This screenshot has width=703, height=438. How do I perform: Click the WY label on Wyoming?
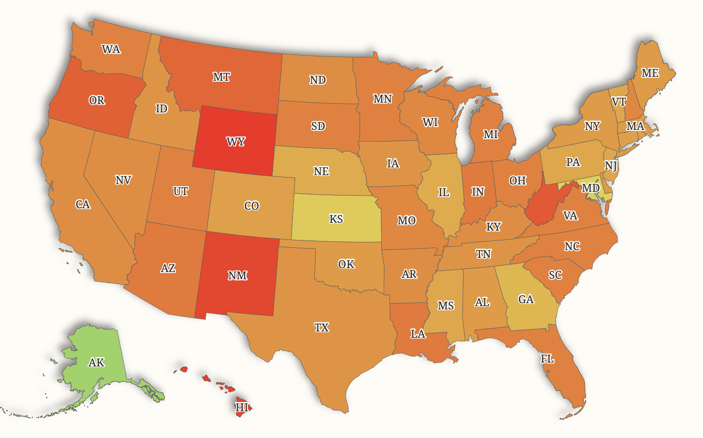pos(236,142)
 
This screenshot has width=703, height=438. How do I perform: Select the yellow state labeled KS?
pos(336,219)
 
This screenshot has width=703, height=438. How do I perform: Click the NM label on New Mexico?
pos(237,275)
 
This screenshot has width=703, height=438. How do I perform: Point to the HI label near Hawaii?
pos(242,407)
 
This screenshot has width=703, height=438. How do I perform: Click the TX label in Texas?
pos(321,327)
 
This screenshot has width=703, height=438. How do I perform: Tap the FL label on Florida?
pos(547,359)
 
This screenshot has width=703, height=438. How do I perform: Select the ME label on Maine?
pos(650,73)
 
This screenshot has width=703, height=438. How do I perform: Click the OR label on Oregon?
pos(97,100)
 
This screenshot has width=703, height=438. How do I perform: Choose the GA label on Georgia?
pos(526,299)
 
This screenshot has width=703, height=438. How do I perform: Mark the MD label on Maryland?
pos(591,188)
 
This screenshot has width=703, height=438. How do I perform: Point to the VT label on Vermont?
pos(619,102)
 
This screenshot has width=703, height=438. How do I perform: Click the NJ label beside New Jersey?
pos(611,165)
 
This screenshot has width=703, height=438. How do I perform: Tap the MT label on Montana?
pos(221,77)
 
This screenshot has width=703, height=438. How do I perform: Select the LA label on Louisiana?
pos(418,334)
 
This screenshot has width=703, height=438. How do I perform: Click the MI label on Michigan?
pos(490,134)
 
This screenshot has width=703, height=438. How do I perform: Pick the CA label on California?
pos(83,204)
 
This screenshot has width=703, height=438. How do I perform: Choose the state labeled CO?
pos(252,206)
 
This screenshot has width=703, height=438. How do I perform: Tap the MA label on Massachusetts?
pos(635,127)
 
